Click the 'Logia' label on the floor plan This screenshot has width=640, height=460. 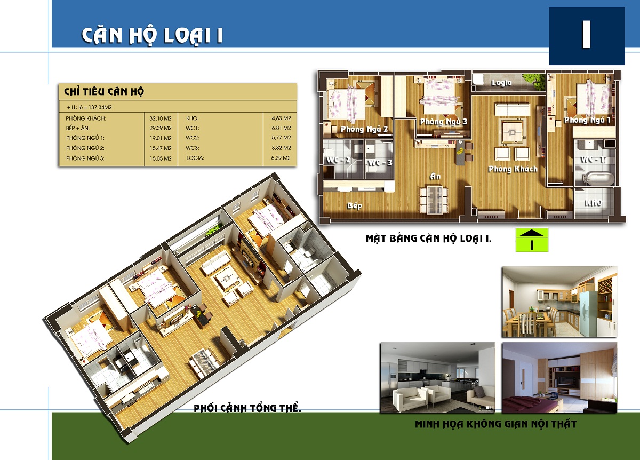pyautogui.click(x=501, y=83)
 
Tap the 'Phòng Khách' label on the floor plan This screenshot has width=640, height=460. pyautogui.click(x=513, y=169)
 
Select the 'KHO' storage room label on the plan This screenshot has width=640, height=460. pyautogui.click(x=593, y=203)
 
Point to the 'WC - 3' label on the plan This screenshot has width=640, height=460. pyautogui.click(x=380, y=163)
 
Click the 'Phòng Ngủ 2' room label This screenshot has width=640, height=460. pyautogui.click(x=364, y=129)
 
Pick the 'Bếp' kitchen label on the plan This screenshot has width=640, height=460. pyautogui.click(x=355, y=205)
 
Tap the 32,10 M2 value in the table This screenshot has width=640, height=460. pyautogui.click(x=161, y=118)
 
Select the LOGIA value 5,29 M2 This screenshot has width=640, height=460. pyautogui.click(x=281, y=158)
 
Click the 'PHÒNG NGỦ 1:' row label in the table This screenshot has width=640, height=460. pyautogui.click(x=85, y=138)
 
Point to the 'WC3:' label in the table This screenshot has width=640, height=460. pyautogui.click(x=193, y=148)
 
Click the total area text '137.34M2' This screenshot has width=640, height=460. pyautogui.click(x=100, y=107)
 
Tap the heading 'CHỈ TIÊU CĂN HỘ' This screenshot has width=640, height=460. pyautogui.click(x=104, y=91)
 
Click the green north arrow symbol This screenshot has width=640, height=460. pyautogui.click(x=532, y=240)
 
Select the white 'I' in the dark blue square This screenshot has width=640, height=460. pyautogui.click(x=587, y=35)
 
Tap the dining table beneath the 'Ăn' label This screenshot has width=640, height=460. pyautogui.click(x=434, y=200)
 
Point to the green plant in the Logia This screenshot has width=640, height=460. pyautogui.click(x=533, y=82)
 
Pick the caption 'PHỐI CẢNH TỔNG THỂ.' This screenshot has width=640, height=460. pyautogui.click(x=247, y=408)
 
